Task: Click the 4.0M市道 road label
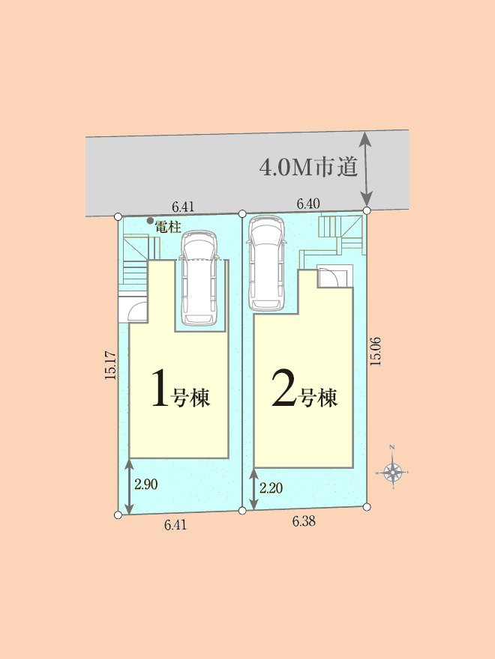(308, 167)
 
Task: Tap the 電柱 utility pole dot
(150, 221)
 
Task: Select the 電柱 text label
(168, 228)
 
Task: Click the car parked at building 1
(198, 278)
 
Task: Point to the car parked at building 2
(266, 264)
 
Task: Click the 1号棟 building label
(181, 393)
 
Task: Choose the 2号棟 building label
(304, 392)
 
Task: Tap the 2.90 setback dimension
(146, 485)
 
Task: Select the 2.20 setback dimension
(271, 488)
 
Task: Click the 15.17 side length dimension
(110, 365)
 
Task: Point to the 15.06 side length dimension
(375, 351)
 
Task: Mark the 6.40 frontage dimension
(308, 204)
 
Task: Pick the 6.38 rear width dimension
(304, 521)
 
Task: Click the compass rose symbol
(392, 473)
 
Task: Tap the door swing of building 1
(137, 312)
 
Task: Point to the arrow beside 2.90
(129, 486)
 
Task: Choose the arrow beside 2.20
(253, 489)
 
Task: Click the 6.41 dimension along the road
(183, 207)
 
